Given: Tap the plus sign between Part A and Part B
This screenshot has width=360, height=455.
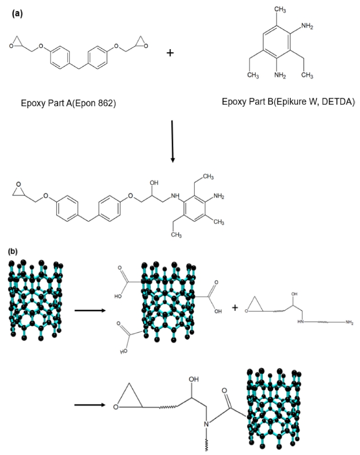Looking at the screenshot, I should pyautogui.click(x=170, y=52).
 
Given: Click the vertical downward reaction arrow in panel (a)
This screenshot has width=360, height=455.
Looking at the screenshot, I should pyautogui.click(x=172, y=141).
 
